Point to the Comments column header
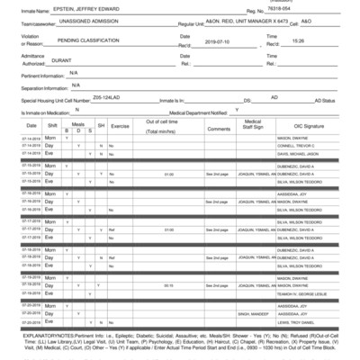pyautogui.click(x=219, y=128)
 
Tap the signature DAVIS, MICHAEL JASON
pyautogui.click(x=300, y=155)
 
